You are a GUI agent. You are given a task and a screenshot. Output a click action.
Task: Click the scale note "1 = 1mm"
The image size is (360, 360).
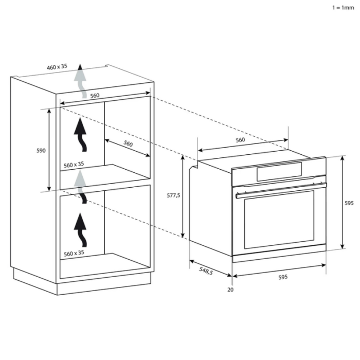(x=343, y=8)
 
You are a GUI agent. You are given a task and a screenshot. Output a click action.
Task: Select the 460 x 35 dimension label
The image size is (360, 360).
(x=57, y=67)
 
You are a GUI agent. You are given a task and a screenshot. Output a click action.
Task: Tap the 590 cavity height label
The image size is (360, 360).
(x=41, y=151)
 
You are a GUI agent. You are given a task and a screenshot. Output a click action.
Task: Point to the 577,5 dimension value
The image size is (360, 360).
(x=173, y=195)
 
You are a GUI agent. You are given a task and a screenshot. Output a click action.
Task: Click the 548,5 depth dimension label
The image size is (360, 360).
(x=206, y=271)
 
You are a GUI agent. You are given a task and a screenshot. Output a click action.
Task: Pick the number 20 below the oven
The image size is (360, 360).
(x=230, y=290)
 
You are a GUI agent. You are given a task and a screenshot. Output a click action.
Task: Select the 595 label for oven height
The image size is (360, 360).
(x=349, y=203)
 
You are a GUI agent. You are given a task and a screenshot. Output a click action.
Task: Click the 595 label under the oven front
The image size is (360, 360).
(x=283, y=277)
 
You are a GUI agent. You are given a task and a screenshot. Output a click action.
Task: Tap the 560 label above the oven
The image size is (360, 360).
(x=240, y=140)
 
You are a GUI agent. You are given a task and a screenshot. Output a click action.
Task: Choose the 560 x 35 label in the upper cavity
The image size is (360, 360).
(x=74, y=165)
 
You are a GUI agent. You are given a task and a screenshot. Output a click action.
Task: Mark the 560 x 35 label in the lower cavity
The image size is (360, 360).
(x=74, y=253)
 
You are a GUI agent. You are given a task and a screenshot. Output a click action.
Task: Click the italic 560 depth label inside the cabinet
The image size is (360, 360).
(x=128, y=143)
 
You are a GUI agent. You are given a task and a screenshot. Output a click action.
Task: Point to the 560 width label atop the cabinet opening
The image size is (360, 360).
(x=95, y=96)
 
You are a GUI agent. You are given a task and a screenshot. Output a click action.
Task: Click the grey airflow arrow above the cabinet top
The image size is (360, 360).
(x=80, y=81)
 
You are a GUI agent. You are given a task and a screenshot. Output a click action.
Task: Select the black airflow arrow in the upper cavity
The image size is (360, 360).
(x=81, y=135)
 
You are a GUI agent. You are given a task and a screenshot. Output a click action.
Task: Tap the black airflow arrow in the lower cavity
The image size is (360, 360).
(x=81, y=230)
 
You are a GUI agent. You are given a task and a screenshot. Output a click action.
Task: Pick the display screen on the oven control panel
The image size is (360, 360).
(x=279, y=172)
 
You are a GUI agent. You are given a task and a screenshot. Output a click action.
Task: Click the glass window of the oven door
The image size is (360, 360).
(x=279, y=220)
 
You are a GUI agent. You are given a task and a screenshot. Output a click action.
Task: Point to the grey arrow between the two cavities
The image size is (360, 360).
(x=80, y=187)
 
